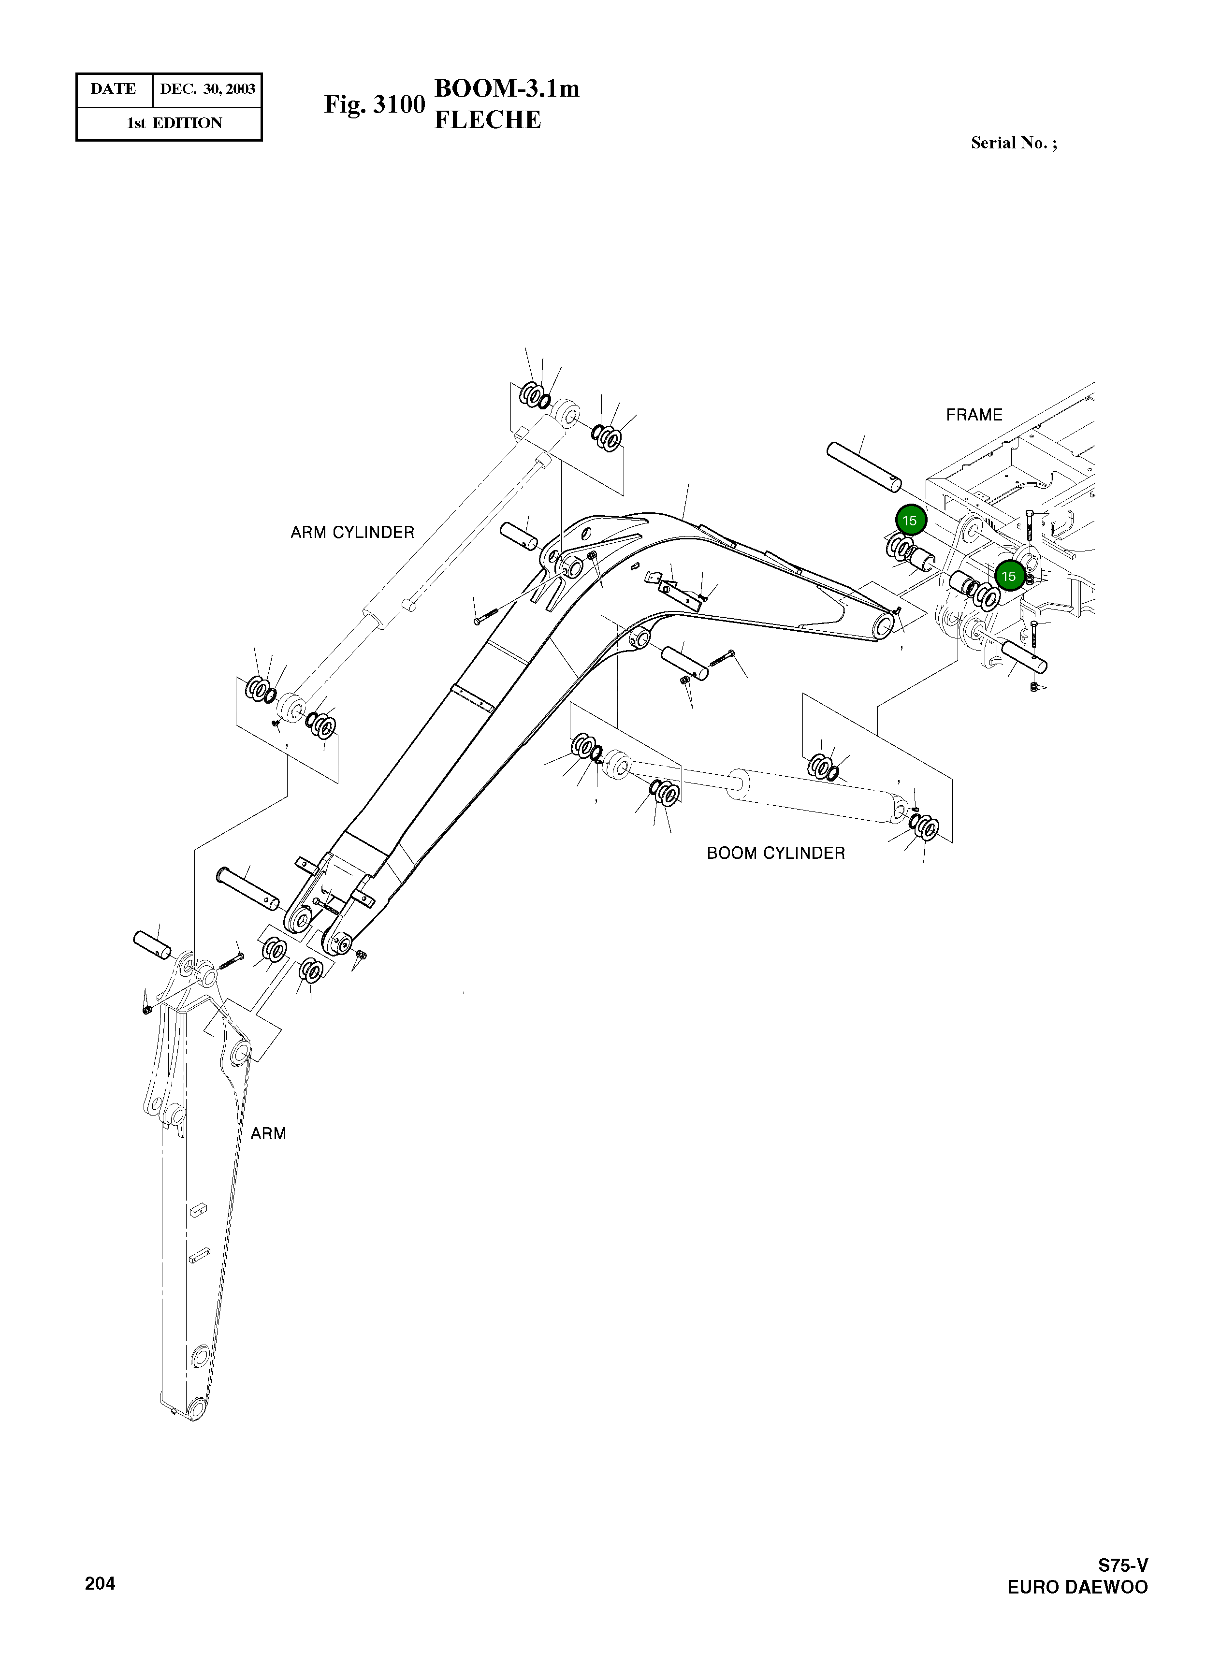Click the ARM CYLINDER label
click(x=352, y=533)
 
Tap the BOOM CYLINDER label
click(x=775, y=854)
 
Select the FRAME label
click(x=974, y=415)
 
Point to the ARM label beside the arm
click(x=268, y=1133)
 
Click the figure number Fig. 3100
click(x=375, y=105)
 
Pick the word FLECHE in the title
click(x=487, y=120)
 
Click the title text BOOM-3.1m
click(x=506, y=88)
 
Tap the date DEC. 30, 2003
click(x=208, y=89)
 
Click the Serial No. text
click(x=1013, y=144)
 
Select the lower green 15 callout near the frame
click(x=1009, y=576)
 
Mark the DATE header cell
click(x=113, y=89)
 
